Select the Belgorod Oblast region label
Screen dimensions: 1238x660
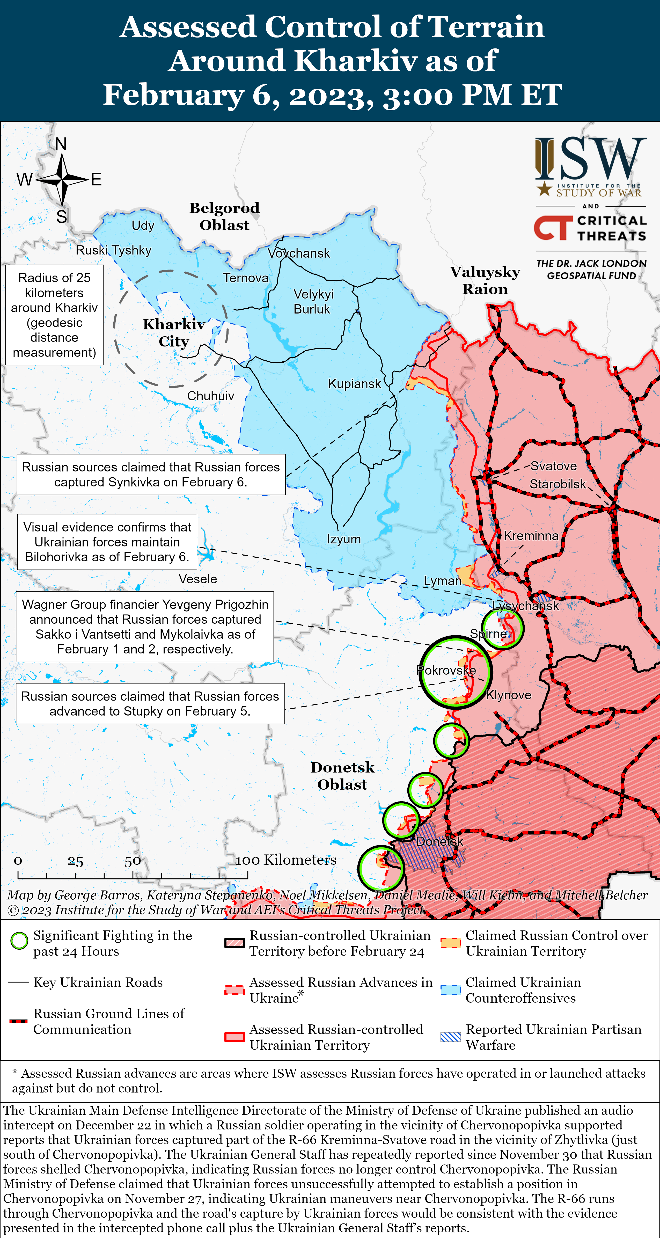pos(224,216)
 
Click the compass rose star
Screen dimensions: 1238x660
pos(62,179)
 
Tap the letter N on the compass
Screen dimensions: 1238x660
pos(61,144)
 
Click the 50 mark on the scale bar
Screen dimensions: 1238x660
pos(133,861)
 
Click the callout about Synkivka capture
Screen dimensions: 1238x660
pos(151,474)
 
